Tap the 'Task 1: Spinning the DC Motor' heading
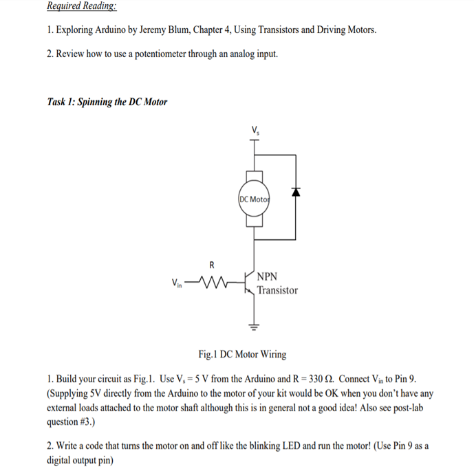[107, 102]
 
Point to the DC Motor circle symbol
[255, 199]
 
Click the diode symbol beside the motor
[297, 193]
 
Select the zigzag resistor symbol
[213, 281]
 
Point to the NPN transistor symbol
[251, 282]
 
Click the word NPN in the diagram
[268, 276]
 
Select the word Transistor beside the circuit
[278, 290]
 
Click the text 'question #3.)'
[71, 421]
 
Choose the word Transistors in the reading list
[274, 30]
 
